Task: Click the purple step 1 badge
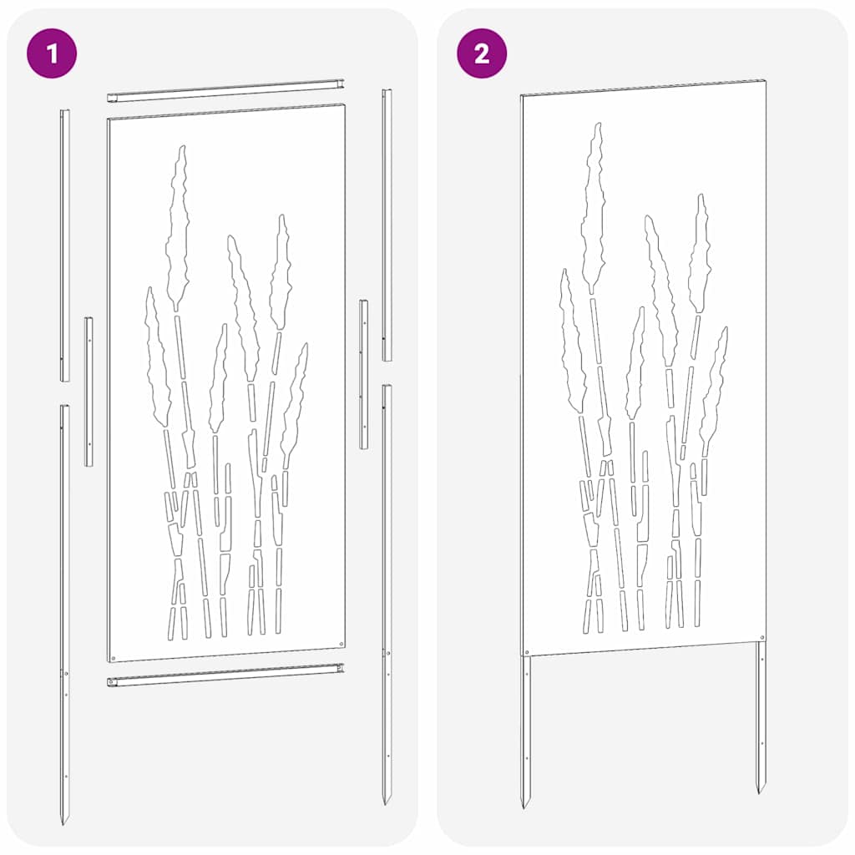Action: [x=53, y=54]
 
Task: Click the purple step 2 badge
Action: [x=482, y=54]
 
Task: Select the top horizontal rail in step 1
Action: [x=225, y=90]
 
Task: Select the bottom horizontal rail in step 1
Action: [x=225, y=675]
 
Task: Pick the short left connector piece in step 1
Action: [x=89, y=391]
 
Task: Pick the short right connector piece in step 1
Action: [x=364, y=374]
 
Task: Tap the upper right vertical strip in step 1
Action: [x=387, y=225]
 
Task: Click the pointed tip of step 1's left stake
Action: [x=63, y=822]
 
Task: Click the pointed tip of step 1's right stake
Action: [x=386, y=802]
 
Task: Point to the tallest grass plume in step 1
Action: [x=178, y=225]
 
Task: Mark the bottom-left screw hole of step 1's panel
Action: [x=115, y=655]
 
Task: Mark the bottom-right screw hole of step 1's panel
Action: [x=342, y=643]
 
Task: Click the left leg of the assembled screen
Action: [x=526, y=726]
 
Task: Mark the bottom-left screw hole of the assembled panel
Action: [x=526, y=651]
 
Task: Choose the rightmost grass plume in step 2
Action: [x=715, y=384]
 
